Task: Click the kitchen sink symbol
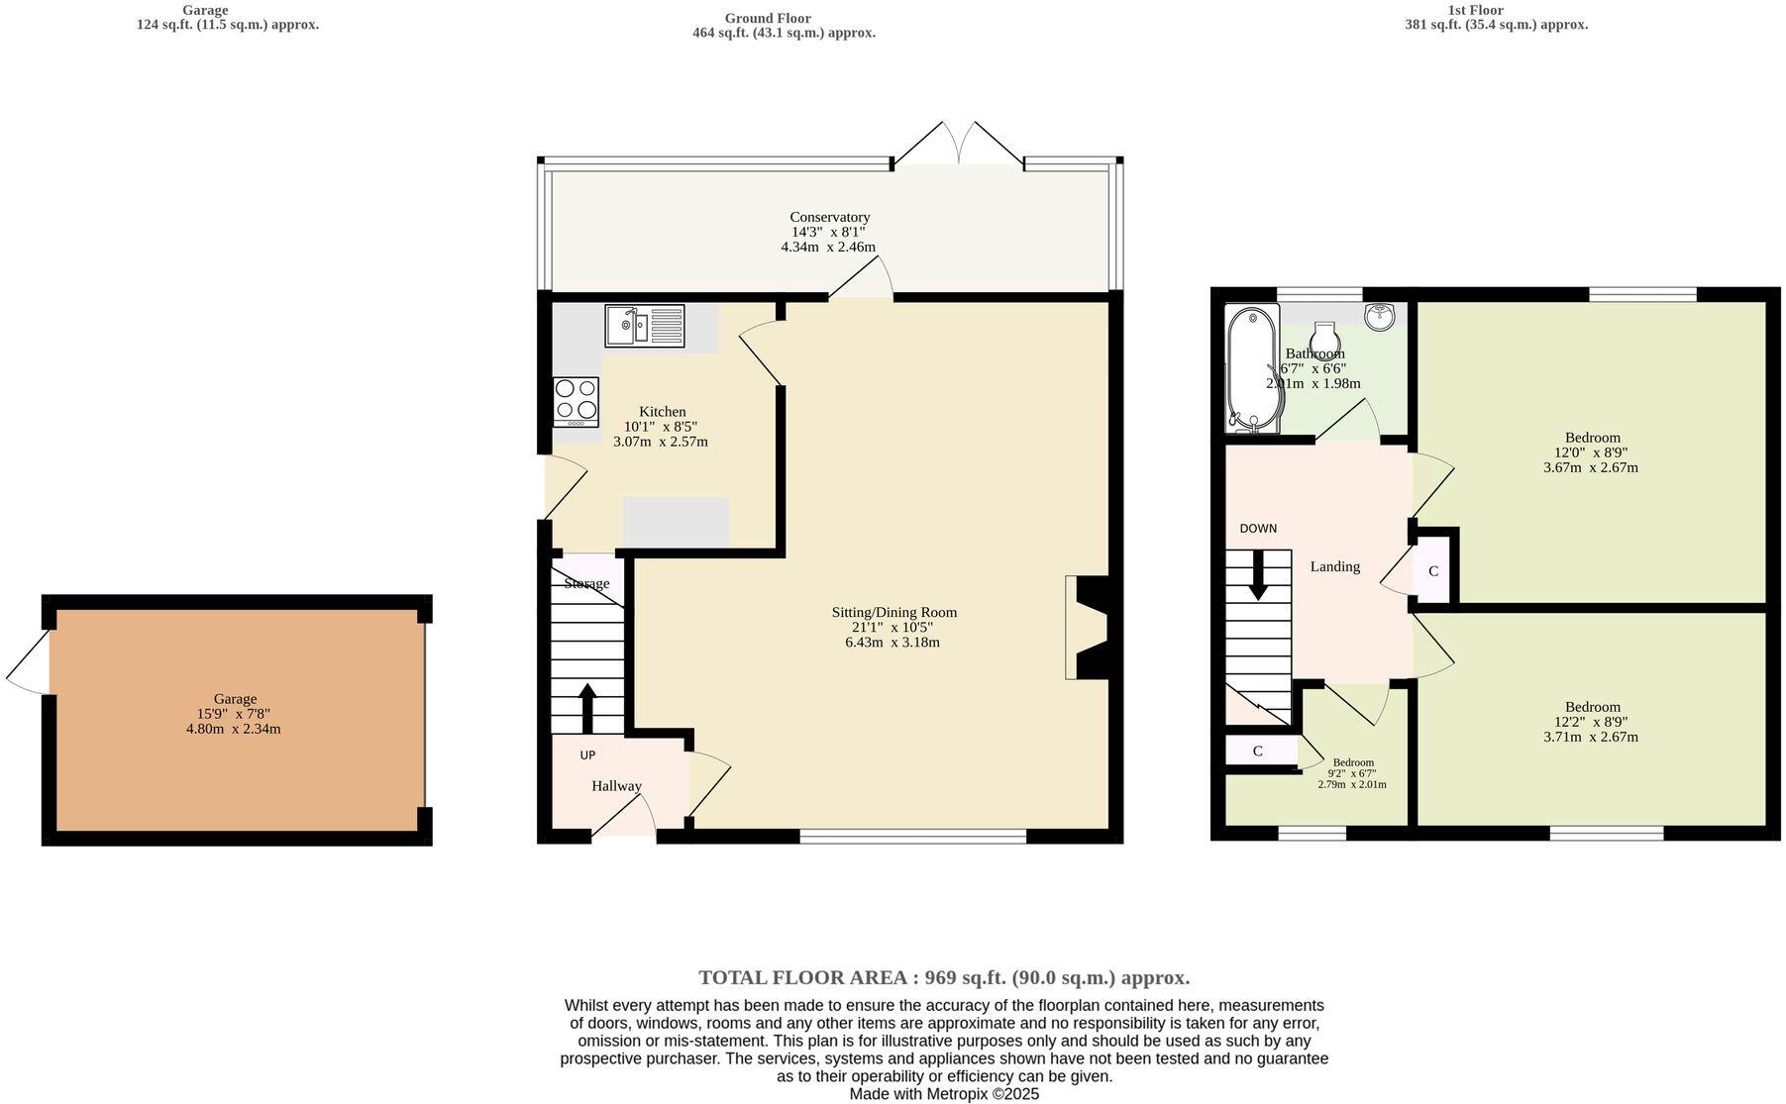point(644,326)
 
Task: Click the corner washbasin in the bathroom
point(1380,316)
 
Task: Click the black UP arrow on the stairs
point(586,706)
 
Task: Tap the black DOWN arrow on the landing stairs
point(1258,574)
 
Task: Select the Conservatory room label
point(829,217)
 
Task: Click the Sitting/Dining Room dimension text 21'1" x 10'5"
point(893,627)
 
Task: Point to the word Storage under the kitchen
point(586,583)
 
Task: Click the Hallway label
point(616,786)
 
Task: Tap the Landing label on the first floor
point(1334,566)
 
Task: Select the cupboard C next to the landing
point(1432,571)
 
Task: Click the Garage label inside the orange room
point(235,699)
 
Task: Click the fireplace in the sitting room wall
point(1090,627)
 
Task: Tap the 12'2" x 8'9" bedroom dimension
point(1593,722)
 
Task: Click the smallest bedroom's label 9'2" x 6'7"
point(1352,773)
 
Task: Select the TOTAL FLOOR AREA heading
point(944,977)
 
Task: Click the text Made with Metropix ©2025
point(943,1094)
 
